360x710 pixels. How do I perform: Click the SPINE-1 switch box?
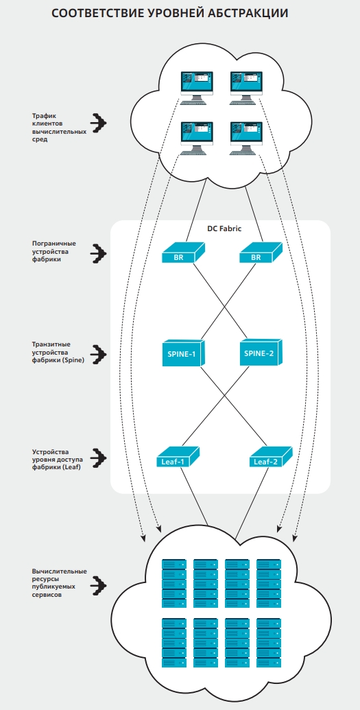(183, 353)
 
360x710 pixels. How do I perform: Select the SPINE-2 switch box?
(261, 353)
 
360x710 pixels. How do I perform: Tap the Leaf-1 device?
(178, 458)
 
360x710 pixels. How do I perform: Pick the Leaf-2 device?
(271, 458)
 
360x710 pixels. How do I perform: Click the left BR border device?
(183, 252)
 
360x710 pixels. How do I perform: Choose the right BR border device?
(261, 252)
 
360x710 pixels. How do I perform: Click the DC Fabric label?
(224, 228)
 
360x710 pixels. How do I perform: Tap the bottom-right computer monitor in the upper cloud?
(246, 138)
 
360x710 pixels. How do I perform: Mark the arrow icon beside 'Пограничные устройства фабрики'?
(98, 254)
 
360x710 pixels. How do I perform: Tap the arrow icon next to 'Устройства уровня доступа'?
(98, 458)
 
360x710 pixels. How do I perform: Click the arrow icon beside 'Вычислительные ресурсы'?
(98, 585)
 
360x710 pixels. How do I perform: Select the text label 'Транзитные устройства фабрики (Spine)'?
(58, 353)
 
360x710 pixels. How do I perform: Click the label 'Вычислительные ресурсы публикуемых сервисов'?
(60, 583)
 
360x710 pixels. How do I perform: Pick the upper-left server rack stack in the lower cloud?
(174, 583)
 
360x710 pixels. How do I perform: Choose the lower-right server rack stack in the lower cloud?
(269, 643)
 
